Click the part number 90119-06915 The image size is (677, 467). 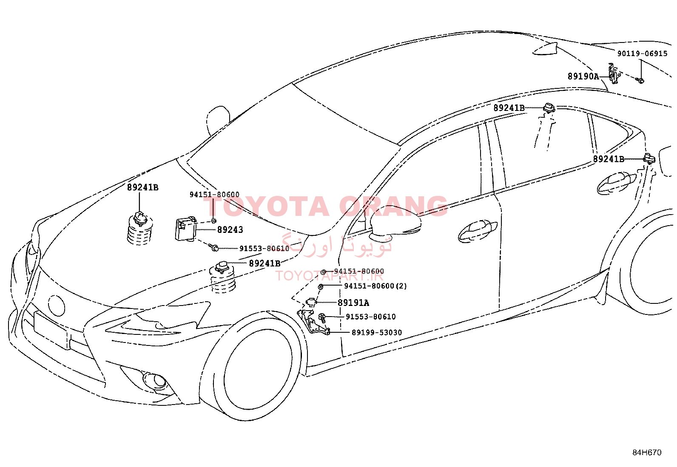tap(642, 54)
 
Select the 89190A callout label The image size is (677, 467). tap(583, 76)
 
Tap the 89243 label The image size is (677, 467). tap(230, 230)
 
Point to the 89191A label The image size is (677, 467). tap(353, 303)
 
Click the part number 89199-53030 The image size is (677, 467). tap(377, 333)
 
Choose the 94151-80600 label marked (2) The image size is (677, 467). tap(375, 286)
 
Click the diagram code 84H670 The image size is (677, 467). tap(647, 453)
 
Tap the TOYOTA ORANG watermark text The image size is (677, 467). tap(325, 206)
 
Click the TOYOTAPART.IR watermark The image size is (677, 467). tap(329, 276)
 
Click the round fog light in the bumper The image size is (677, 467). tap(155, 381)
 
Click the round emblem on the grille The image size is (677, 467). tap(56, 306)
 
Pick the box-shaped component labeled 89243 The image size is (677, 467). tap(185, 229)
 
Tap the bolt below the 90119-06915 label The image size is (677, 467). tap(640, 80)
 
